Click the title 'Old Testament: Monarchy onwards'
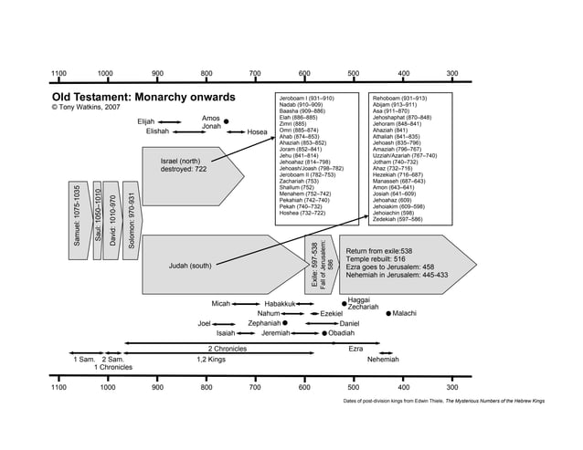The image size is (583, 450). [143, 97]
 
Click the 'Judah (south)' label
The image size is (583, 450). [190, 266]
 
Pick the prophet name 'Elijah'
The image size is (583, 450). [146, 120]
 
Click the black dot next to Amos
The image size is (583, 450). [226, 121]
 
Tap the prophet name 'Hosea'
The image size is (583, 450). [258, 132]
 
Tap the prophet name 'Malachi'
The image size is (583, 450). [404, 313]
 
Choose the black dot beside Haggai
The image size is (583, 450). [344, 301]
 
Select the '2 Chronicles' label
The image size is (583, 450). [228, 349]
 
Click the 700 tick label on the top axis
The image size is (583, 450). [255, 73]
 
